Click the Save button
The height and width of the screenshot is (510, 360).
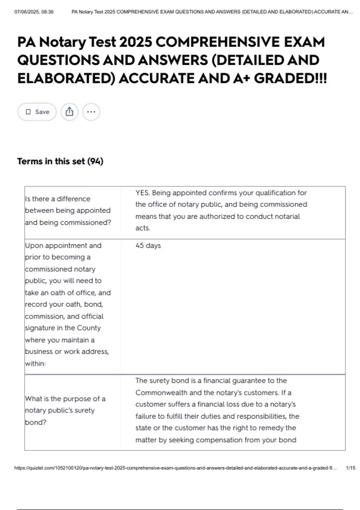[x=37, y=112]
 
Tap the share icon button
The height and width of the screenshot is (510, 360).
[x=69, y=112]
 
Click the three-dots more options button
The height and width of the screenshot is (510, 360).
[x=91, y=112]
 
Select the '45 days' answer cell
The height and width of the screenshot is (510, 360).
[x=148, y=246]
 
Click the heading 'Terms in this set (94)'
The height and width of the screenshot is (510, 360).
[x=60, y=161]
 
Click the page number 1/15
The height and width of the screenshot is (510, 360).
[x=350, y=468]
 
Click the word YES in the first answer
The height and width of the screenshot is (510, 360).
[x=142, y=193]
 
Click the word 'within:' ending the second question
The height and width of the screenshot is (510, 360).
[x=35, y=364]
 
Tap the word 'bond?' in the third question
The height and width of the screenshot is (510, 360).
[x=36, y=422]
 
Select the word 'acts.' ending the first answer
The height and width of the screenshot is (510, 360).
[x=143, y=228]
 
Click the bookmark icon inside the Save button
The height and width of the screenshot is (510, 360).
[x=28, y=112]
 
